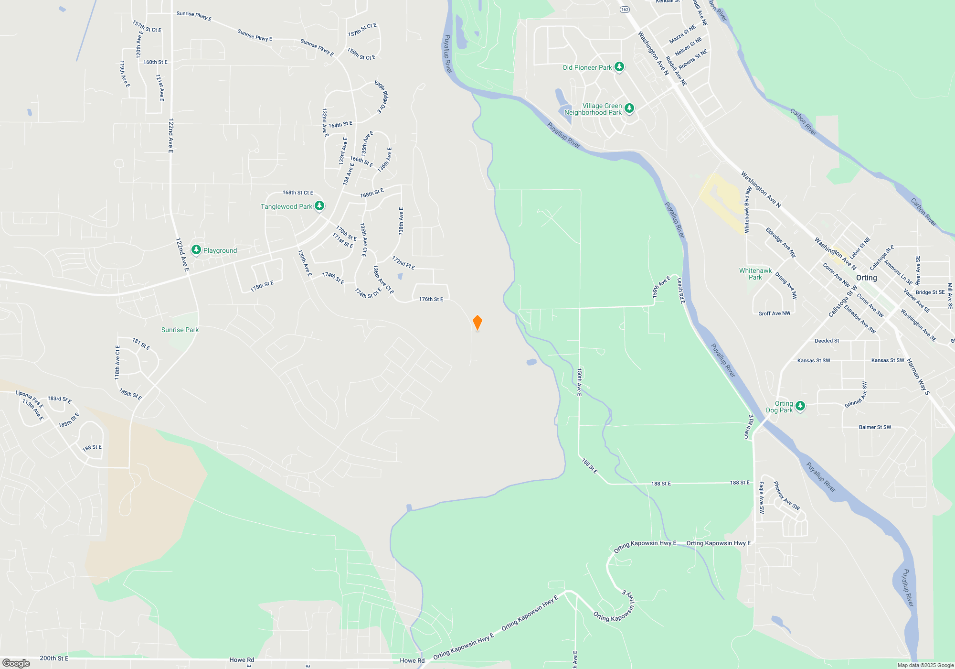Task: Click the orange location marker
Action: tap(477, 323)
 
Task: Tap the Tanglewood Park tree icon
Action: tap(319, 206)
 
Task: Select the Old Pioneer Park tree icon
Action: tap(619, 66)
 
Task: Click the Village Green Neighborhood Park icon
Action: tap(629, 108)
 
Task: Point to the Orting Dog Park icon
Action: tap(800, 406)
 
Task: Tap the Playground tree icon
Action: tap(196, 249)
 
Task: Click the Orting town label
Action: tap(866, 278)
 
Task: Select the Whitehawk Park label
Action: tap(755, 274)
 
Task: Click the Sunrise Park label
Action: tap(180, 330)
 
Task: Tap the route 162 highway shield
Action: tap(625, 10)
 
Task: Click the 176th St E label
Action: tap(431, 299)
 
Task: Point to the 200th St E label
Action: tap(54, 658)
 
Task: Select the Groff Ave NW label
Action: tap(774, 313)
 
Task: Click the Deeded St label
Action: tap(827, 341)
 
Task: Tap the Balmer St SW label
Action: tap(875, 427)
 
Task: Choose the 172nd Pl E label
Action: tap(403, 263)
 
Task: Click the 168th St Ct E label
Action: tap(297, 193)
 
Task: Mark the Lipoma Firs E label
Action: tap(30, 399)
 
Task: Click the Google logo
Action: tap(16, 663)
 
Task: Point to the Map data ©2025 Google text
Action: tap(925, 665)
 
